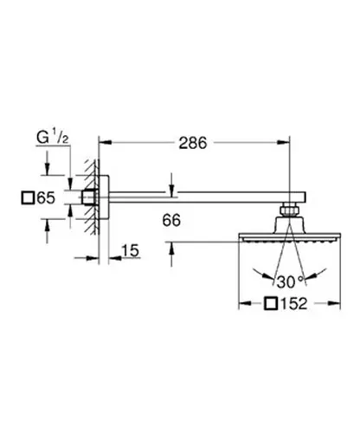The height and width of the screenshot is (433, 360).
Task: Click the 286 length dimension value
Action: click(x=193, y=143)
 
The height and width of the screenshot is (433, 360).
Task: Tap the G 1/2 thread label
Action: click(x=53, y=138)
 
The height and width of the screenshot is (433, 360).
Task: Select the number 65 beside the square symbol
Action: click(x=46, y=198)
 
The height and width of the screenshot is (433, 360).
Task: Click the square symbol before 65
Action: click(x=28, y=198)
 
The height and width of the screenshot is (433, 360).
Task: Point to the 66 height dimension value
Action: click(x=171, y=220)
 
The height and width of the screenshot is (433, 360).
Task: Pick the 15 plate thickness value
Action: click(x=131, y=250)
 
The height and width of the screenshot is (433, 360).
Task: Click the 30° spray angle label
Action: click(x=291, y=281)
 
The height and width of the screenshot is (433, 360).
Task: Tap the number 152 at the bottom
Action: click(x=294, y=304)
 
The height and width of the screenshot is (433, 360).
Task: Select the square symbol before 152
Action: click(x=271, y=304)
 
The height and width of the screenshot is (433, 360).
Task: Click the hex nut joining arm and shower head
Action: click(x=289, y=210)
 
